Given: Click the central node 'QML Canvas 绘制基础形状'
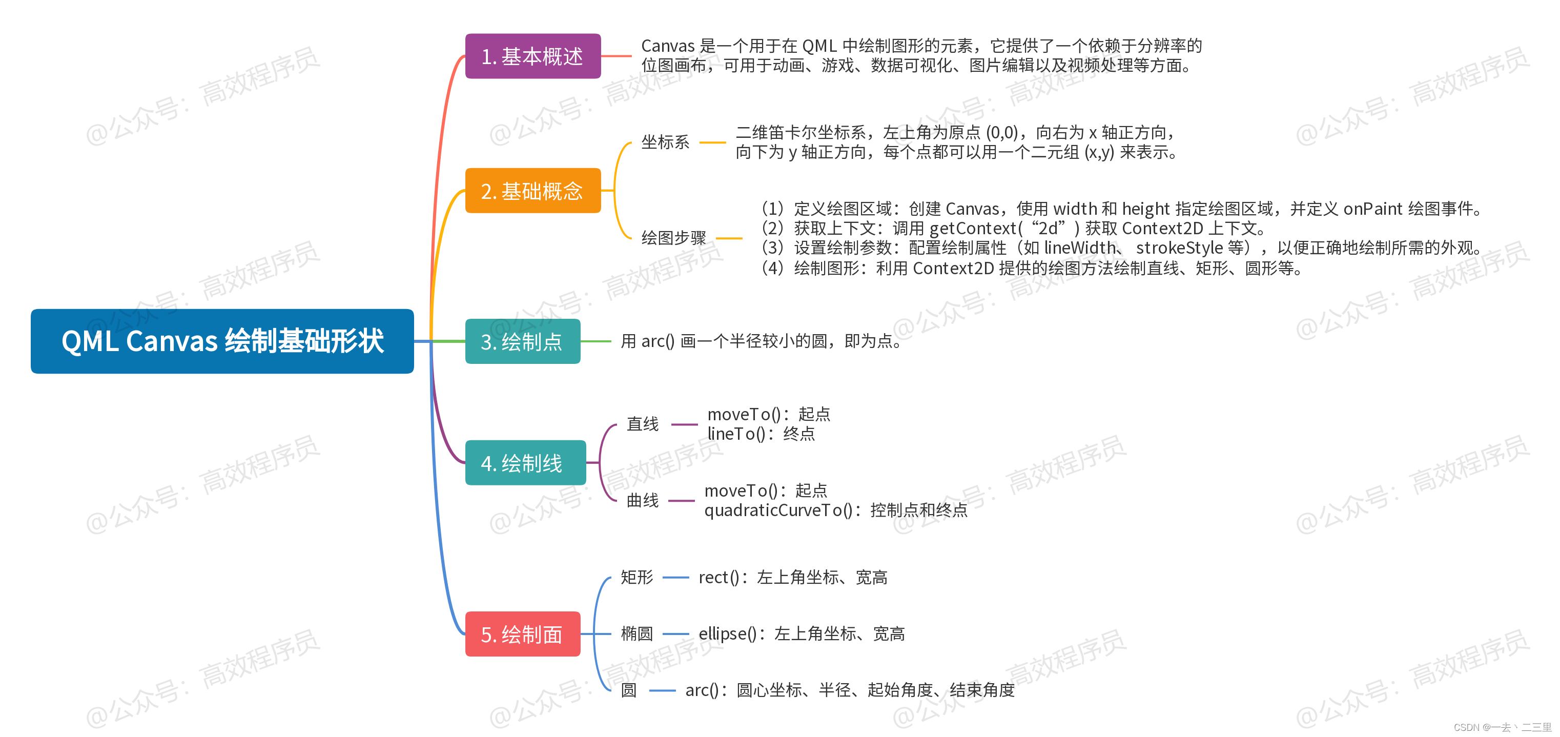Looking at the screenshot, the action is click(222, 341).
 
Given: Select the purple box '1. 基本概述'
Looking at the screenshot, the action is click(532, 56).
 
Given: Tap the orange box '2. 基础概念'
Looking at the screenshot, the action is click(532, 191).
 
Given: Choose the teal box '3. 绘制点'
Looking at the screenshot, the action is click(522, 341).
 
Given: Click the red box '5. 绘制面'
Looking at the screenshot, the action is click(522, 634).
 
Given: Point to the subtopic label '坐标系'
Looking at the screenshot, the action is click(665, 142).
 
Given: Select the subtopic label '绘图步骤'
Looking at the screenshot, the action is click(673, 238).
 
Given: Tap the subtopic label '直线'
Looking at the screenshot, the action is click(642, 424).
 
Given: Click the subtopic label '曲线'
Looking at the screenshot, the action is click(642, 500).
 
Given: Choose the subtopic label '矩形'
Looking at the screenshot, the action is click(637, 577).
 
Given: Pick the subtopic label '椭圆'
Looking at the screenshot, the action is click(637, 633).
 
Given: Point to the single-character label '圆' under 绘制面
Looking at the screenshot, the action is click(629, 690).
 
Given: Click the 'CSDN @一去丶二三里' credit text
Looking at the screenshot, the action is click(1502, 727).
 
